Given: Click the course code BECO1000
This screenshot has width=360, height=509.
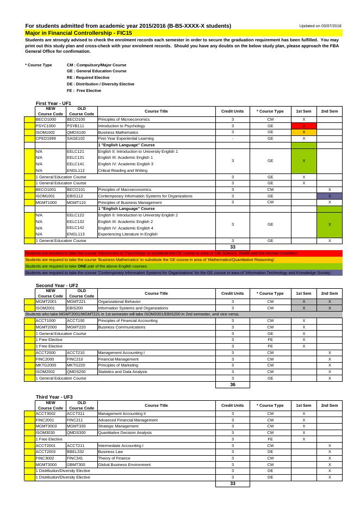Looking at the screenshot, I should click(46, 119).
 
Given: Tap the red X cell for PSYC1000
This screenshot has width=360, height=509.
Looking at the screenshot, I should click(303, 126).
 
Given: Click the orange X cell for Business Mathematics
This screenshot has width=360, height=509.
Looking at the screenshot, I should click(303, 132).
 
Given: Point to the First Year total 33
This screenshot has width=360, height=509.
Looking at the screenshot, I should click(232, 247).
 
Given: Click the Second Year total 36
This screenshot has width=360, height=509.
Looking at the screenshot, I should click(232, 384).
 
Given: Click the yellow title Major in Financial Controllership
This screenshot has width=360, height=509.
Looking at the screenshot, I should click(78, 33).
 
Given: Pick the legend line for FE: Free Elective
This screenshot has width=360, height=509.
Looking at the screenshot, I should click(84, 90).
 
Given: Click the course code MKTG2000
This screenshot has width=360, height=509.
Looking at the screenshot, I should click(46, 365).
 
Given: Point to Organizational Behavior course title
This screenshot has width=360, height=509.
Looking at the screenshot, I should click(119, 301).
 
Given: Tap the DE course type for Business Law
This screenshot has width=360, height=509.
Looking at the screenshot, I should click(270, 452).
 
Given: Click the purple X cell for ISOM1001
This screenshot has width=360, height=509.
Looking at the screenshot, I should click(330, 196).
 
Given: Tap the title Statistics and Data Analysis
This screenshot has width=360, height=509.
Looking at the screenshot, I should click(122, 371).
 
